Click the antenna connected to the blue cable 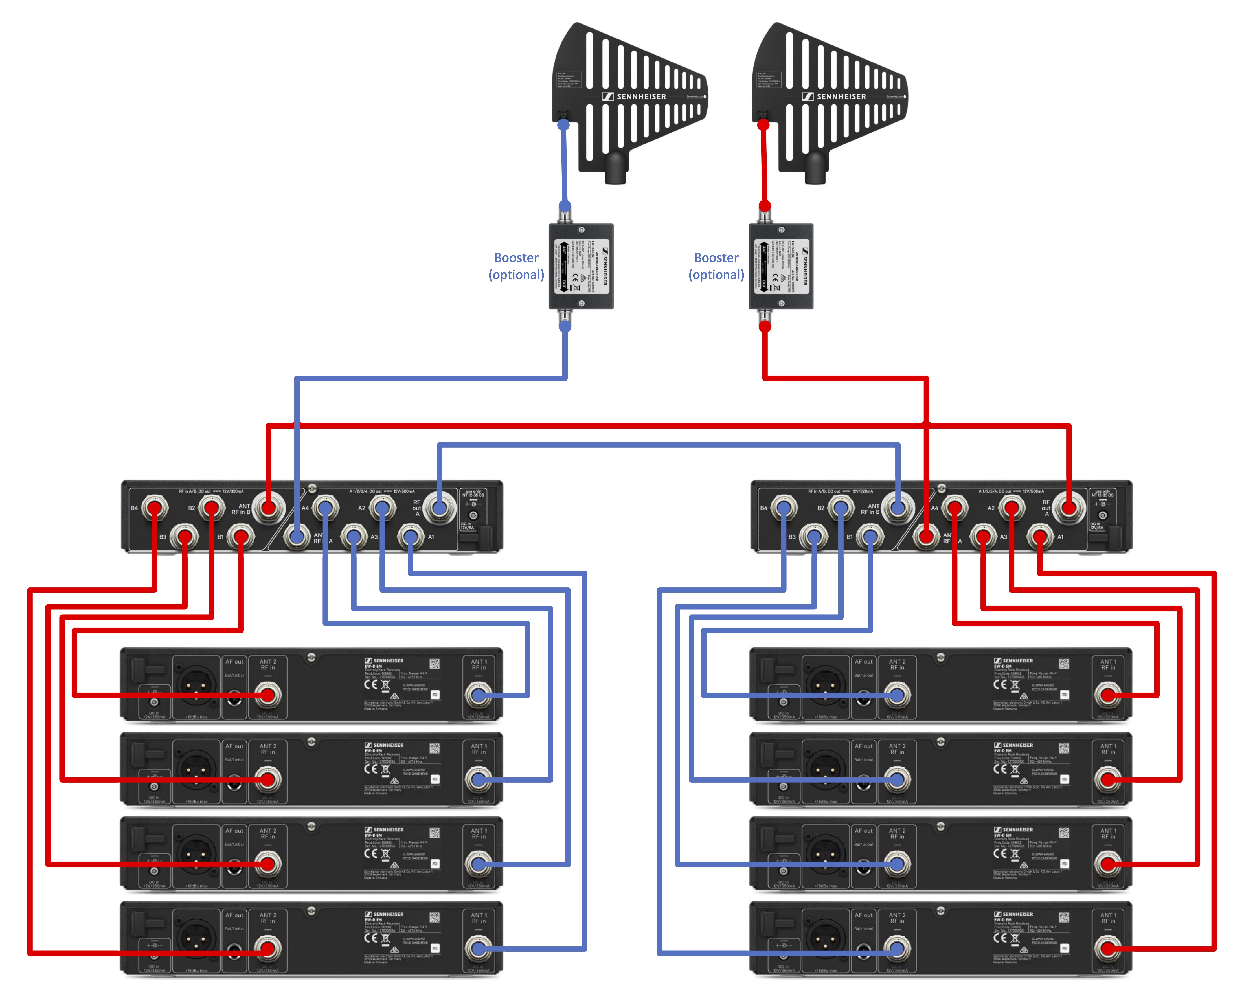click(x=629, y=98)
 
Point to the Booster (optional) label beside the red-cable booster click(x=716, y=266)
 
